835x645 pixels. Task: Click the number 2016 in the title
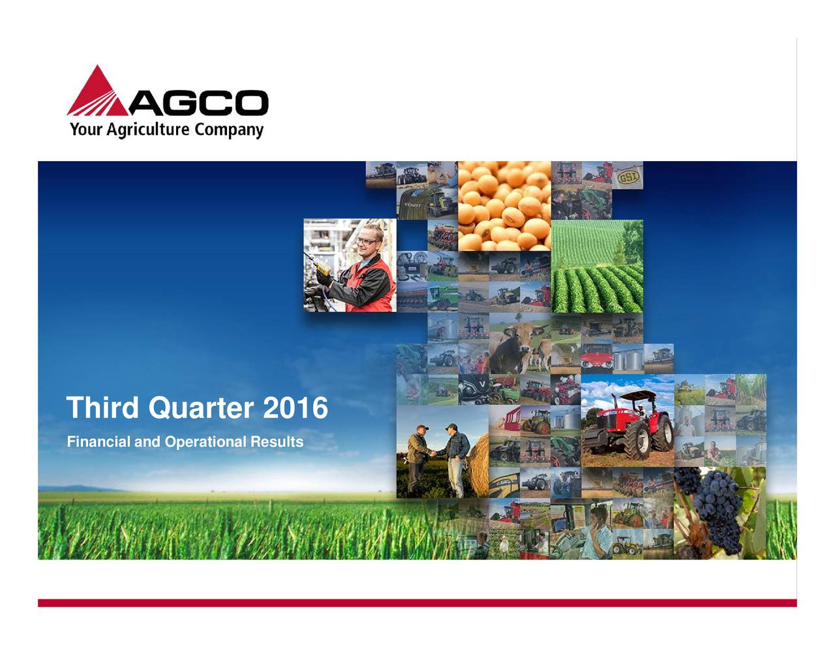[295, 408]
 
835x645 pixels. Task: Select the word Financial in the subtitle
[99, 442]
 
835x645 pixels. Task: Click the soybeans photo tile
[504, 205]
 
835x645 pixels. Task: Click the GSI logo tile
[628, 175]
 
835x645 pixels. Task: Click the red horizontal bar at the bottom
[417, 603]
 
